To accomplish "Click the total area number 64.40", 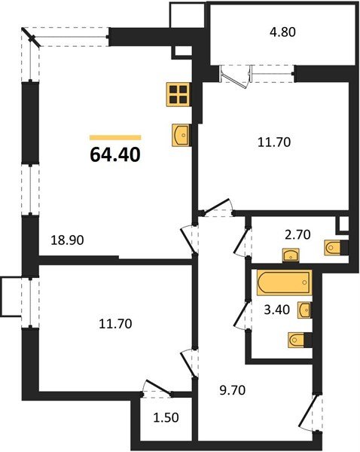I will coord(114,155).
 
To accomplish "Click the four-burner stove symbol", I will coord(178,94).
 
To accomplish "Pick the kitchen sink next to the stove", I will coord(181,134).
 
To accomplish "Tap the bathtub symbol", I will coord(282,284).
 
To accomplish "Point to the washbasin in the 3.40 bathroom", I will coord(306,310).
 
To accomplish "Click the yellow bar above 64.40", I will coord(114,137).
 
